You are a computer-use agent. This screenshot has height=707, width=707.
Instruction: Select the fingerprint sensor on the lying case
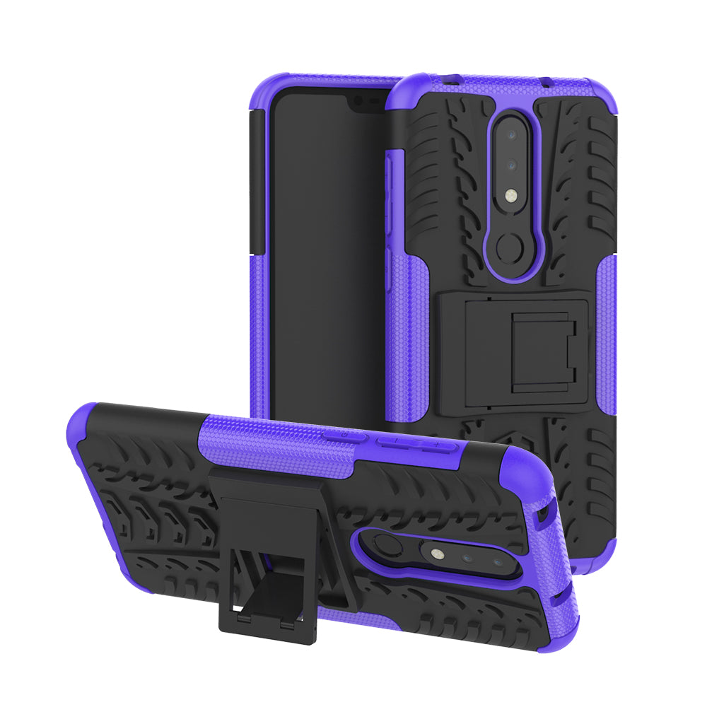(x=387, y=545)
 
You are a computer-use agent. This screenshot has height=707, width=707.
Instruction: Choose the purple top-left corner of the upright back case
(x=414, y=88)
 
